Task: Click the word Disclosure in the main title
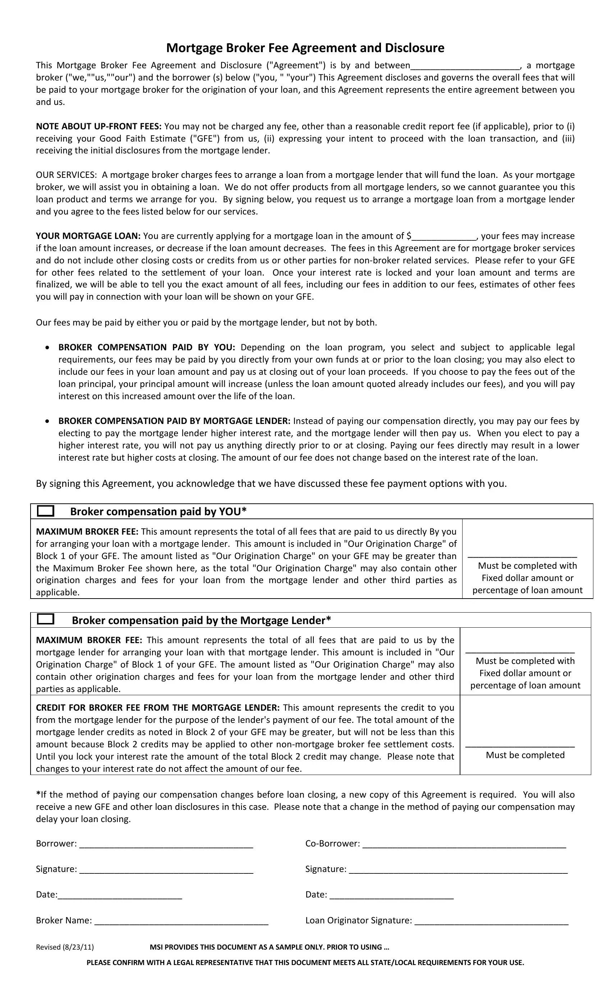click(414, 48)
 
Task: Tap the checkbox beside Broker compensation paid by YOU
click(45, 511)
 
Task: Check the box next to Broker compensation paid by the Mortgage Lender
click(45, 619)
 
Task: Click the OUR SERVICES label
click(66, 175)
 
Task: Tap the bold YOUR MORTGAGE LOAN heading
click(88, 236)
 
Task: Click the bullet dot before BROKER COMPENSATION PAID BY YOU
click(48, 348)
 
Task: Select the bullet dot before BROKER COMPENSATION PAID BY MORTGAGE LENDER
click(48, 421)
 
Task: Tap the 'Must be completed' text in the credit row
click(525, 755)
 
